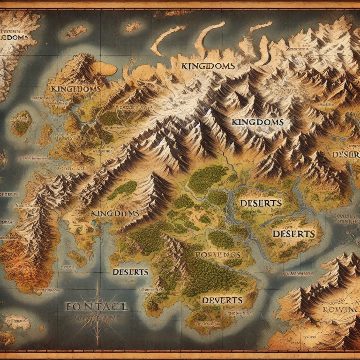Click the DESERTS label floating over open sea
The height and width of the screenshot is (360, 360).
131,272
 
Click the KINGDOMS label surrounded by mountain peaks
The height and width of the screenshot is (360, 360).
257,122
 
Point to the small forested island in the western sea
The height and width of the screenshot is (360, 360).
21,123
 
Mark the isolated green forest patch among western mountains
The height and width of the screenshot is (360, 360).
123,189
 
